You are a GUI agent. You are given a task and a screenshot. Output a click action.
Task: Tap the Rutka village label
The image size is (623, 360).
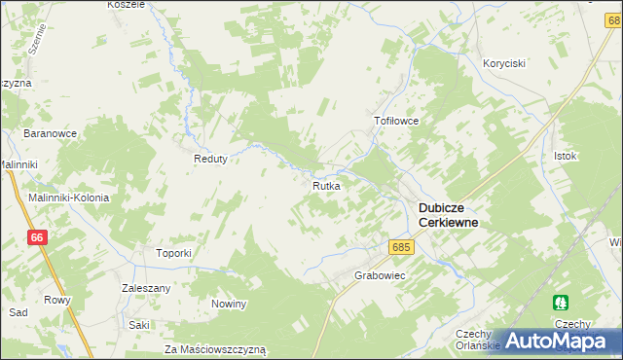click(x=325, y=185)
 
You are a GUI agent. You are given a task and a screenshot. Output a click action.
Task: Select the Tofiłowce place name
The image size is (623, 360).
click(x=396, y=122)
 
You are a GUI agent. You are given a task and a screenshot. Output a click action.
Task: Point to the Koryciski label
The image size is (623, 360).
click(x=504, y=63)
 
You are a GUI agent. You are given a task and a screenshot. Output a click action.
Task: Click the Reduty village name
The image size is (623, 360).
click(x=210, y=160)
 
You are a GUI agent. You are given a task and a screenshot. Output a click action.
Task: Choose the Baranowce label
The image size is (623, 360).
click(x=51, y=132)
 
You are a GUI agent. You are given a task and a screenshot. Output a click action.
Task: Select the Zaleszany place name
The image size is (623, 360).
click(x=146, y=289)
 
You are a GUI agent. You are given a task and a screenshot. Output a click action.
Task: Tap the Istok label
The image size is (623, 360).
click(x=566, y=156)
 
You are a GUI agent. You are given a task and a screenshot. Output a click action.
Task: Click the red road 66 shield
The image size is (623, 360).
click(x=37, y=237)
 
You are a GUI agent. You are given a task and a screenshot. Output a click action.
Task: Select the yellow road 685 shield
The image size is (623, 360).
click(x=401, y=247)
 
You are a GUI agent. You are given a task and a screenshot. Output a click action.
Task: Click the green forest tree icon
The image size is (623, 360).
click(x=560, y=304)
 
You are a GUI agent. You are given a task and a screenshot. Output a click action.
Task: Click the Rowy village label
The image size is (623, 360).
click(x=57, y=300)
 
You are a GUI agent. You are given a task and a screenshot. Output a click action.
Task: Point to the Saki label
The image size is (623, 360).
click(x=139, y=325)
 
